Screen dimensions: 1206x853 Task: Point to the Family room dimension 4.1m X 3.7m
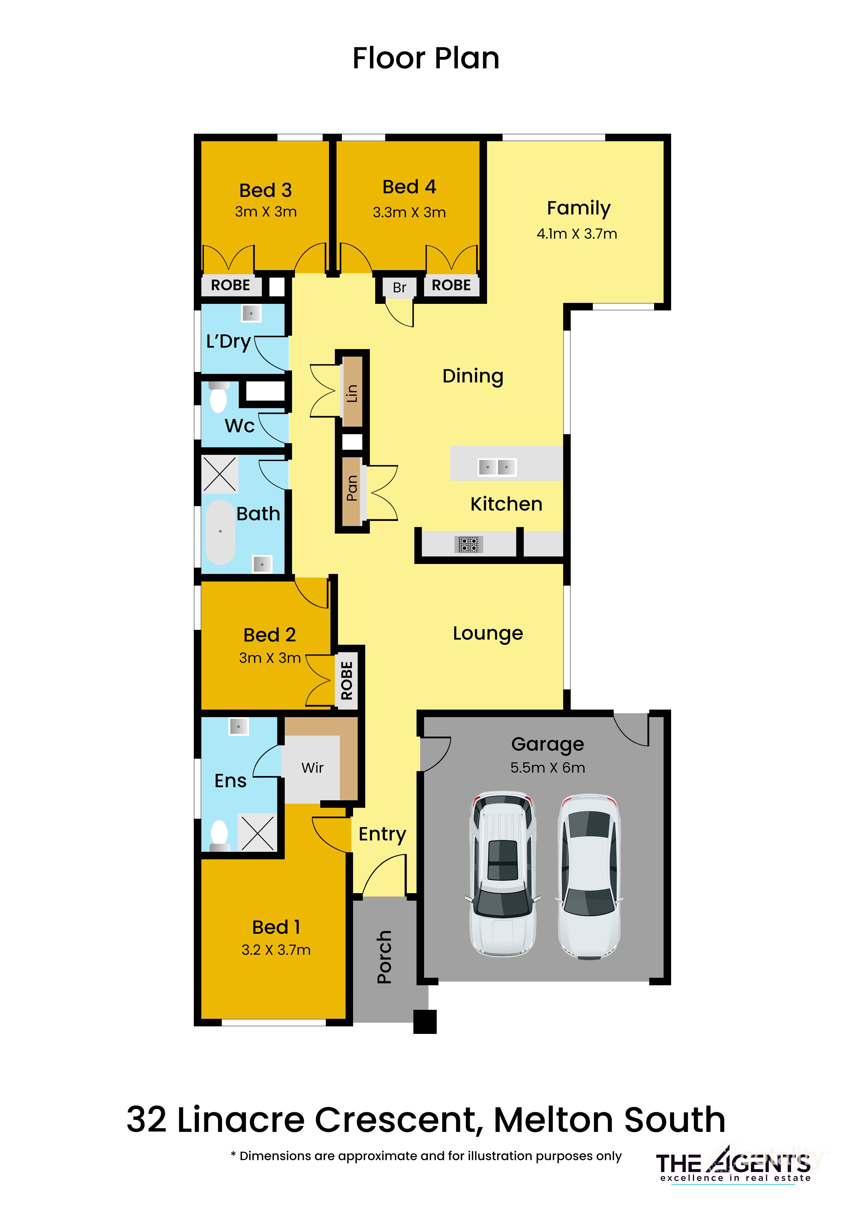tap(577, 234)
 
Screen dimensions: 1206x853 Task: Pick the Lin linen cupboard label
tap(352, 393)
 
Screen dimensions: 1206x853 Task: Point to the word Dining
tap(473, 376)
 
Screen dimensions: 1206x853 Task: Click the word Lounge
tap(488, 634)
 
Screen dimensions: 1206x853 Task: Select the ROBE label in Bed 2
tap(347, 681)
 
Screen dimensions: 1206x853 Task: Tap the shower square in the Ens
tap(257, 833)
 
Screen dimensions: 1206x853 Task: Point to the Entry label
tap(382, 834)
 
